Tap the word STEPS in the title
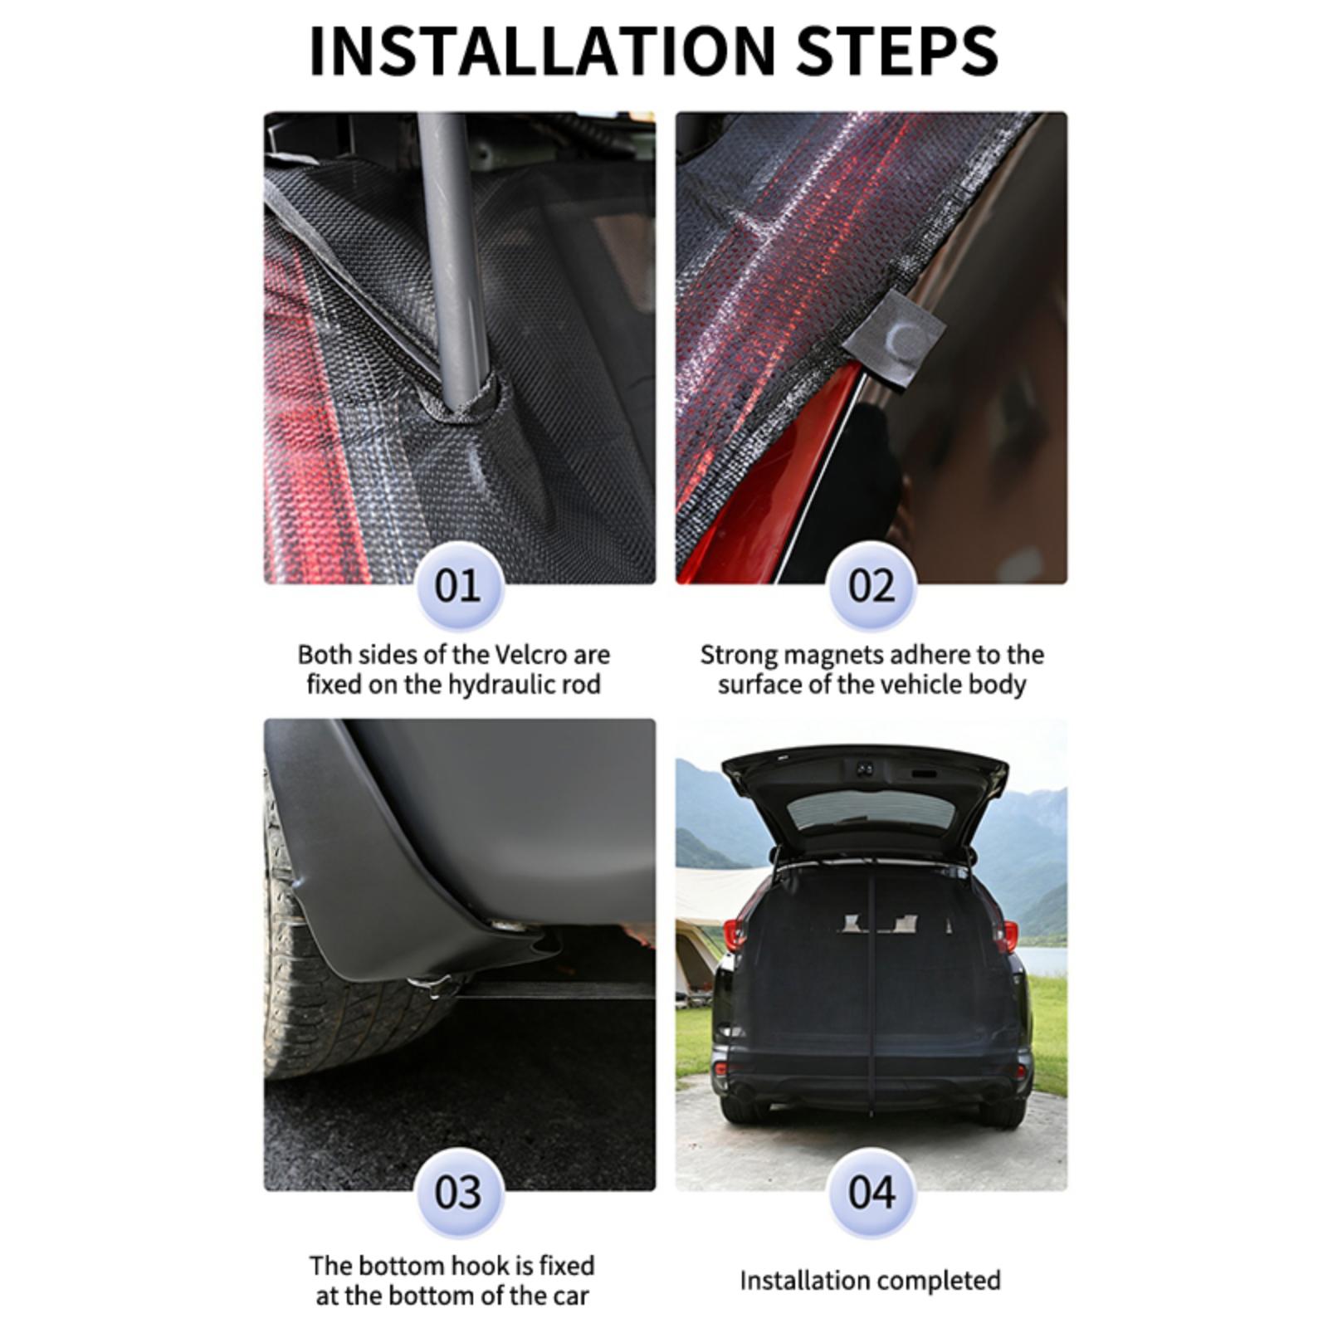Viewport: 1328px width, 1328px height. pyautogui.click(x=897, y=51)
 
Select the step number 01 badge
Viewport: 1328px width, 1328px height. pyautogui.click(x=457, y=586)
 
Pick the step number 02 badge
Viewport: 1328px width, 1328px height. pyautogui.click(x=871, y=586)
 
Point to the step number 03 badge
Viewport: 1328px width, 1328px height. pyautogui.click(x=457, y=1193)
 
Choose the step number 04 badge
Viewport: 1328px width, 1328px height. pyautogui.click(x=871, y=1193)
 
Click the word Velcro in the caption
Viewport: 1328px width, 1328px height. pyautogui.click(x=530, y=655)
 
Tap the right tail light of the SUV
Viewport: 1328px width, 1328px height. pyautogui.click(x=1006, y=936)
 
